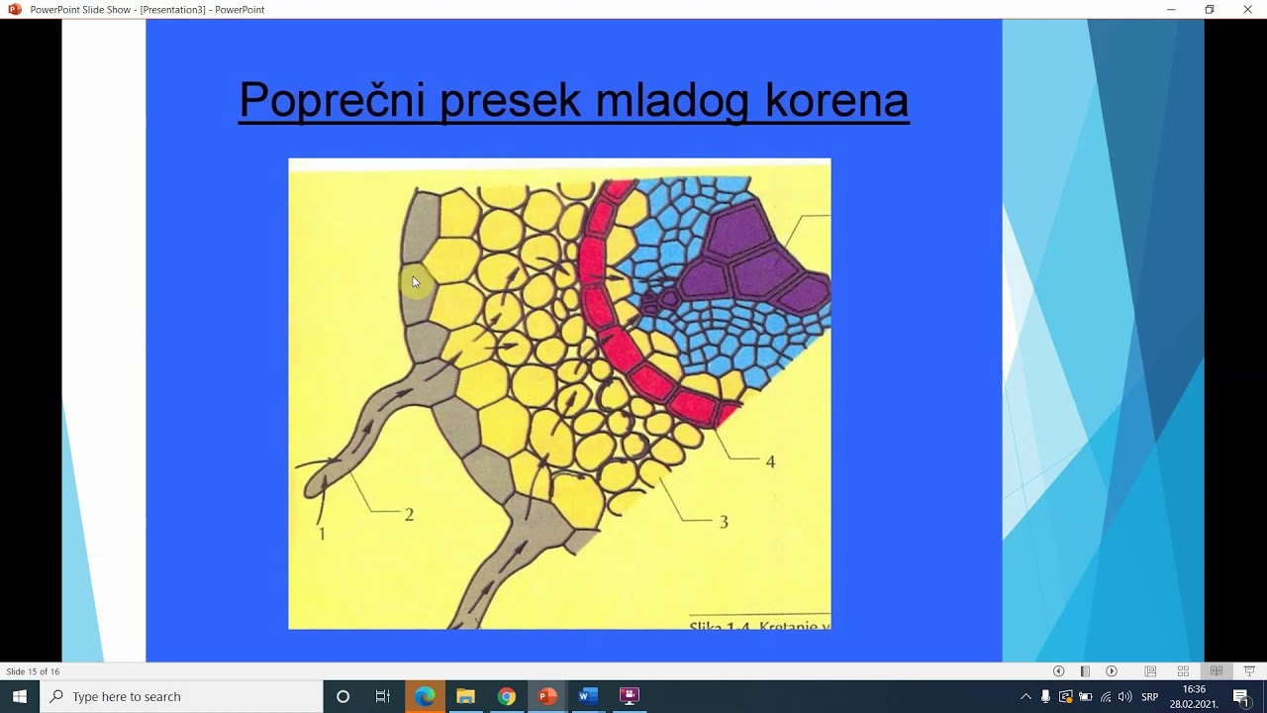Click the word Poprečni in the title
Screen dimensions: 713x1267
click(x=332, y=100)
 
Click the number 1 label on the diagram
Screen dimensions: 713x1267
click(x=322, y=534)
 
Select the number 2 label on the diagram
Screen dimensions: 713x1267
click(x=409, y=515)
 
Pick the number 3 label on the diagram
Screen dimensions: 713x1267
click(x=724, y=522)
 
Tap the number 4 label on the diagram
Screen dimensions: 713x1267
click(x=770, y=461)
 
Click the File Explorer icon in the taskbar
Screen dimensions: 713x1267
click(x=465, y=696)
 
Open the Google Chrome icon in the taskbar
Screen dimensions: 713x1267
click(x=506, y=696)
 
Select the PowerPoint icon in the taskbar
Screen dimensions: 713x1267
click(x=546, y=696)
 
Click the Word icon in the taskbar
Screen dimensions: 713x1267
click(x=587, y=696)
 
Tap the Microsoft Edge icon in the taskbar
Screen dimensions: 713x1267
click(x=425, y=696)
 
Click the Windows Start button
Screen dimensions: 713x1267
click(x=20, y=696)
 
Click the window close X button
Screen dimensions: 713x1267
click(x=1247, y=10)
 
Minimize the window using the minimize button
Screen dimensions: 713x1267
click(x=1171, y=10)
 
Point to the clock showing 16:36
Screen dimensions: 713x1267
click(x=1194, y=689)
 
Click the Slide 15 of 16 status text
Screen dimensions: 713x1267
click(x=33, y=671)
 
